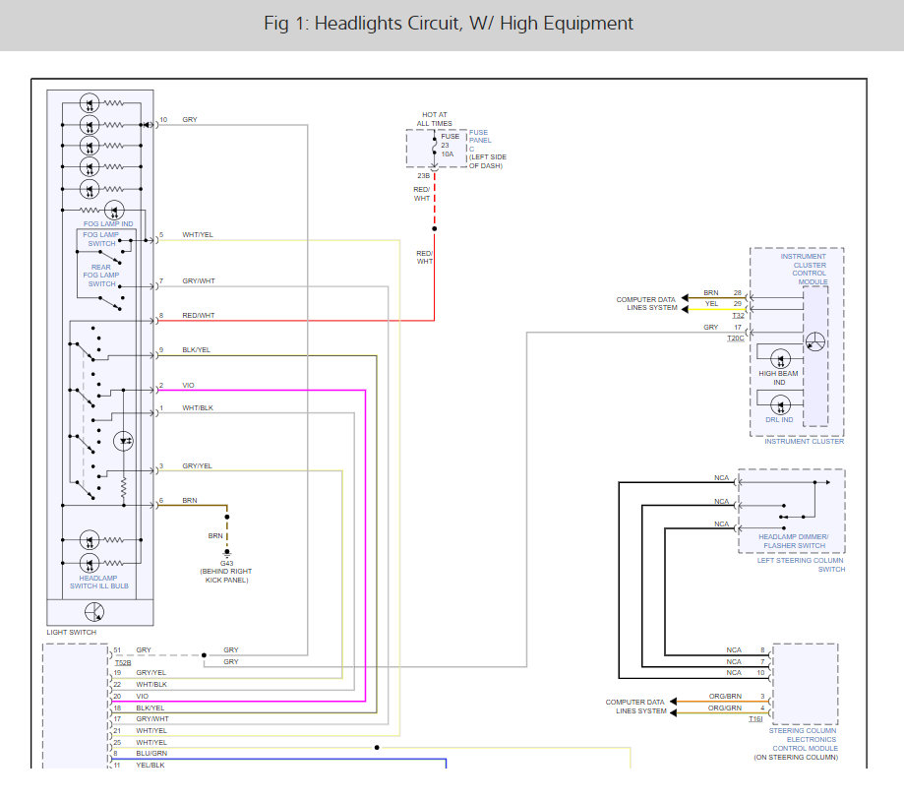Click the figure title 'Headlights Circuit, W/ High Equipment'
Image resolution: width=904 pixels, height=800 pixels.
(x=473, y=24)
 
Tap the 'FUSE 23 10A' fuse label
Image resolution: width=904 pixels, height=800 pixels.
(x=450, y=146)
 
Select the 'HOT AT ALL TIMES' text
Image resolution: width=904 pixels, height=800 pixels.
(x=434, y=119)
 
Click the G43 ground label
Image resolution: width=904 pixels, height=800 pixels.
(x=226, y=564)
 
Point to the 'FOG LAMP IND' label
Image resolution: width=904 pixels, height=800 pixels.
(x=108, y=223)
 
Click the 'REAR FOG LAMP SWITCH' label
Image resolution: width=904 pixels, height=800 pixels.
(x=101, y=276)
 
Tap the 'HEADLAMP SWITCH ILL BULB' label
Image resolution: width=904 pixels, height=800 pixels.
(x=99, y=582)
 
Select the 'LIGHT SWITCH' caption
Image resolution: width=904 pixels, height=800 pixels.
(x=72, y=632)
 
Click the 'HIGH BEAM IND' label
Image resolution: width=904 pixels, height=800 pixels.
(x=778, y=378)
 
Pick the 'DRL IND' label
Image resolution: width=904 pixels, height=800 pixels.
(x=779, y=420)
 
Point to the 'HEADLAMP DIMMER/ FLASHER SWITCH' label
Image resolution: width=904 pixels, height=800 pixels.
(x=794, y=541)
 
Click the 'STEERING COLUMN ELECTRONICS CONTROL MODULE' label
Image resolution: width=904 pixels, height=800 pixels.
(x=803, y=739)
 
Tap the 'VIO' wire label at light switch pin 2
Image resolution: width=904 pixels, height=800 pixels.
(x=189, y=386)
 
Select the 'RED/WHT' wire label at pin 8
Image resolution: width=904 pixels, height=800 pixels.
(x=199, y=316)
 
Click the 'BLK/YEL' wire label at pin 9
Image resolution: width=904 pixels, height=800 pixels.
(x=196, y=350)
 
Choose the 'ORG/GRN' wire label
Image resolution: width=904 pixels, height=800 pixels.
(x=725, y=708)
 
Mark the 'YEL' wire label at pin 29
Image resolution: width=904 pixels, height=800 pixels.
(x=711, y=303)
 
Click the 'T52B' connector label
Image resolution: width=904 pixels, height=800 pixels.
(x=123, y=662)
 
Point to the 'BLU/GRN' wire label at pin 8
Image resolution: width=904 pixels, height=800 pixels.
(x=151, y=754)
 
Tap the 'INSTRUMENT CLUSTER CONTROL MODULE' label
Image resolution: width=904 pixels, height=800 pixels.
(x=806, y=269)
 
